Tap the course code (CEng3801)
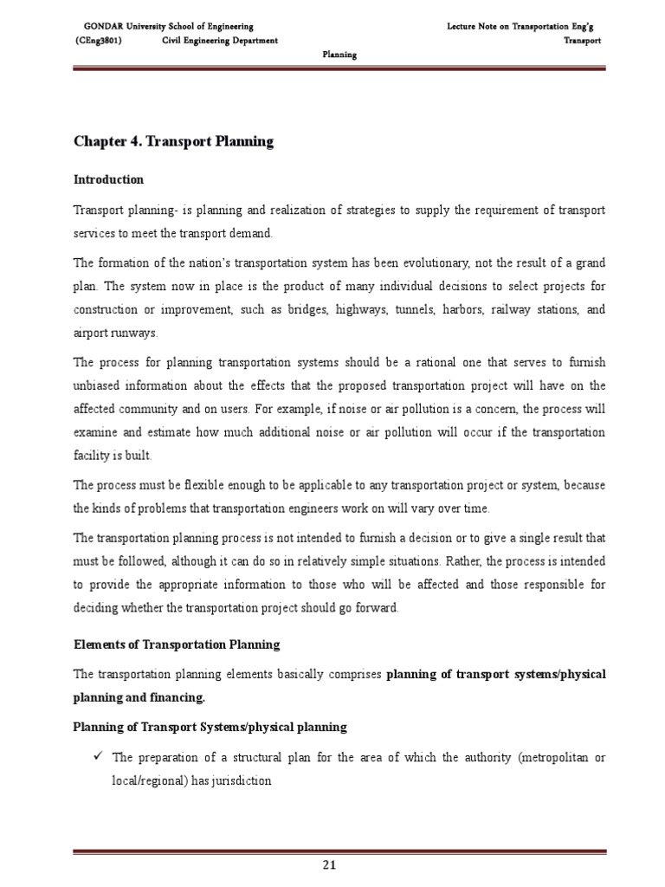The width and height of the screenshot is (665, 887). (x=99, y=41)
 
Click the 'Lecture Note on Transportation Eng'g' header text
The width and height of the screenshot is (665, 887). (x=523, y=28)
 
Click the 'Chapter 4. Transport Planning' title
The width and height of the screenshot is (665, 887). (x=173, y=142)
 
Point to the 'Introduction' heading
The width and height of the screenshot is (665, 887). (x=108, y=179)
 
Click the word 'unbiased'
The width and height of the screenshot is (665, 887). (x=97, y=385)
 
